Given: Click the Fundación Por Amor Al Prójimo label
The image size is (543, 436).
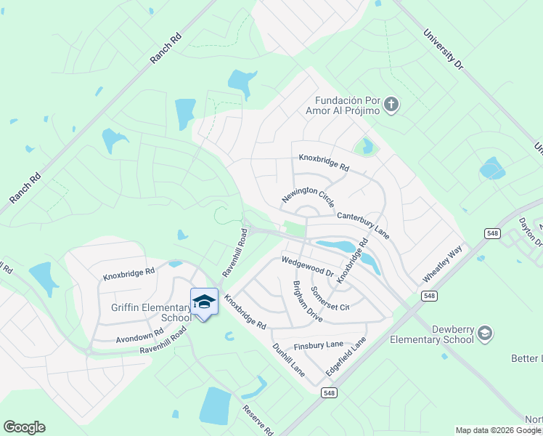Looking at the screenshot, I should pyautogui.click(x=343, y=106).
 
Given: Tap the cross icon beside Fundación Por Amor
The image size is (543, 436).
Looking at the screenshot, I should pyautogui.click(x=391, y=105).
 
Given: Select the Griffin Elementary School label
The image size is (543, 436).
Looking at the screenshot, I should pyautogui.click(x=151, y=312).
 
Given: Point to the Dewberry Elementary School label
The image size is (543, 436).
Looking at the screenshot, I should pyautogui.click(x=431, y=334).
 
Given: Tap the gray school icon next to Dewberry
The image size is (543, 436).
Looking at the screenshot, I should pyautogui.click(x=485, y=334).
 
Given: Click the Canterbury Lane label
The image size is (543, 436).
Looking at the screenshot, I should pyautogui.click(x=363, y=225).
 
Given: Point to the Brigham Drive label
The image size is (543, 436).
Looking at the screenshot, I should pyautogui.click(x=307, y=302).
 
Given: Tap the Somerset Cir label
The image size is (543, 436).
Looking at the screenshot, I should pyautogui.click(x=330, y=298).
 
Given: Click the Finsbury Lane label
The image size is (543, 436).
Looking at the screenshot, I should pyautogui.click(x=319, y=345).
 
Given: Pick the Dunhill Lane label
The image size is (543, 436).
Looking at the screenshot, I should pyautogui.click(x=288, y=360).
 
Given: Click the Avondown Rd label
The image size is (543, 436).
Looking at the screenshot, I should pyautogui.click(x=139, y=337).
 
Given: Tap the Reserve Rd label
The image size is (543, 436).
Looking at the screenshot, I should pyautogui.click(x=259, y=420).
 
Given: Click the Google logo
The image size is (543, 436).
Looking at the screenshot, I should pyautogui.click(x=24, y=427).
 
